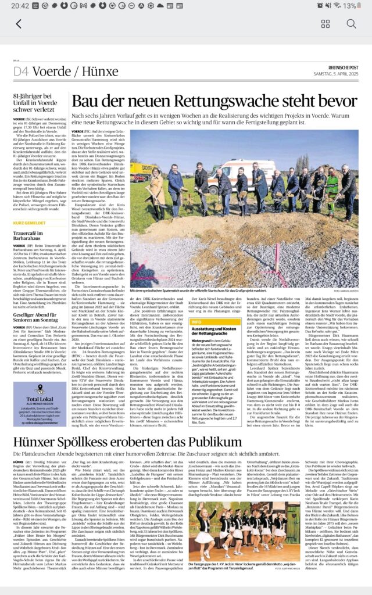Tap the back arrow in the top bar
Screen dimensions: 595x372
point(19,24)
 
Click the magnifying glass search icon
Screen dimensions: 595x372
point(351,24)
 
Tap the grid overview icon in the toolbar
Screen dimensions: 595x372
point(325,24)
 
